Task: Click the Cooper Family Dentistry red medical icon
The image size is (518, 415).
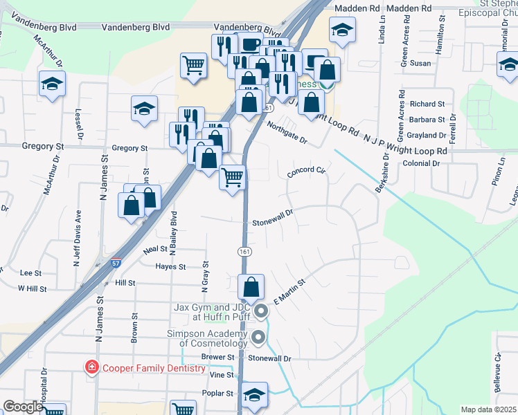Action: pyautogui.click(x=90, y=368)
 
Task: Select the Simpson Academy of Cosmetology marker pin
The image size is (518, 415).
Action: pyautogui.click(x=260, y=338)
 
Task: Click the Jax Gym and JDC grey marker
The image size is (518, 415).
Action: pyautogui.click(x=260, y=311)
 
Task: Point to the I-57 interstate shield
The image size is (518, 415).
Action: pyautogui.click(x=116, y=264)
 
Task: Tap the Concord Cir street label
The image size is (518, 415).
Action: pyautogui.click(x=306, y=170)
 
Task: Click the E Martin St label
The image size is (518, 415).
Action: pyautogui.click(x=289, y=289)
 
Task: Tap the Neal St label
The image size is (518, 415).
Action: pyautogui.click(x=154, y=248)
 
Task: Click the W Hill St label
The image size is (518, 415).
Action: pyautogui.click(x=32, y=288)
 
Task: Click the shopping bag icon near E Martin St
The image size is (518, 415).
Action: pyautogui.click(x=251, y=286)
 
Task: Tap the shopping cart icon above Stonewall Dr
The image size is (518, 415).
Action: pyautogui.click(x=233, y=177)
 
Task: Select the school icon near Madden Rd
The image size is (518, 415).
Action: pyautogui.click(x=342, y=31)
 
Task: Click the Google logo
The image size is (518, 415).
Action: pyautogui.click(x=23, y=407)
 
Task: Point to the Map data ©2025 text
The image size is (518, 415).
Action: pyautogui.click(x=488, y=409)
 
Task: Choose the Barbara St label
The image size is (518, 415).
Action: pyautogui.click(x=427, y=120)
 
